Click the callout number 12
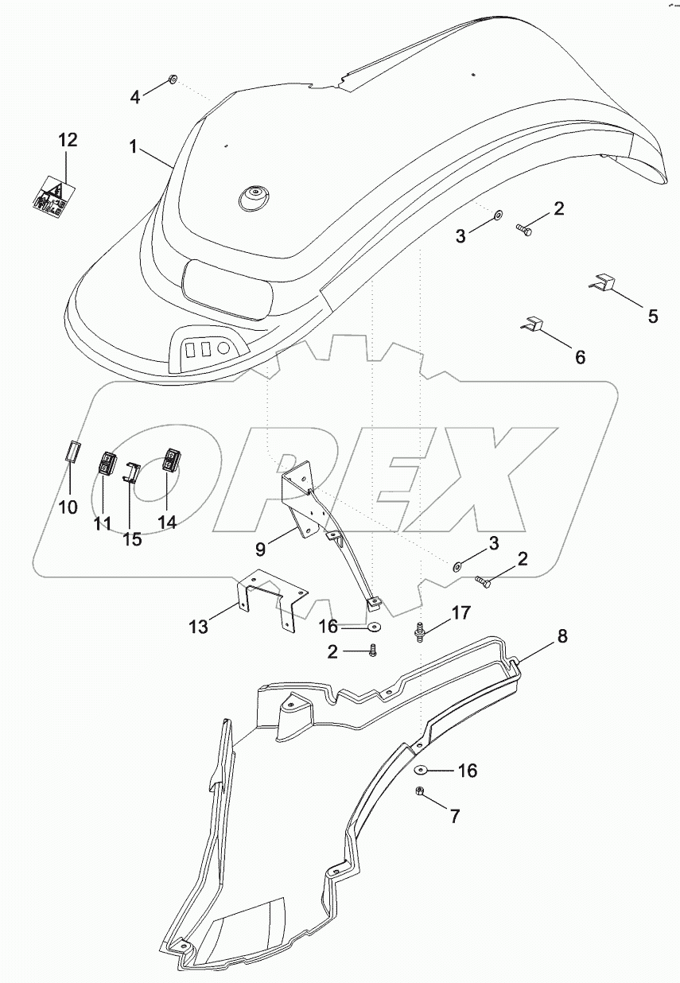68,141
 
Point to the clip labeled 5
604,283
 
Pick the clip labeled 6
534,325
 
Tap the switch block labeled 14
171,459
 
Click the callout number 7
454,815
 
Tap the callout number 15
132,538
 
